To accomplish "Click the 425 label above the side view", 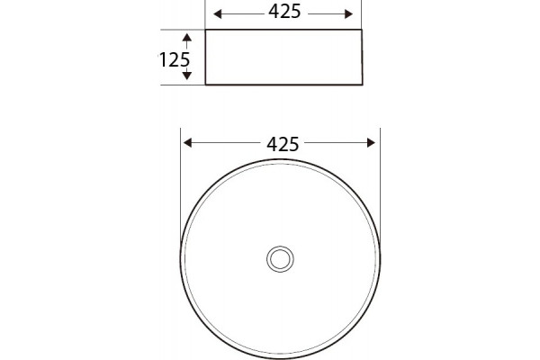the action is click(284, 12).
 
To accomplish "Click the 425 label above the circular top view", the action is click(283, 144).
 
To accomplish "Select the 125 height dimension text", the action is click(174, 59).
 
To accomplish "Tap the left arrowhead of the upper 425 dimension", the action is click(217, 14).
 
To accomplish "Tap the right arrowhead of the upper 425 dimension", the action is click(348, 14).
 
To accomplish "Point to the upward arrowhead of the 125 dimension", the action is click(186, 37).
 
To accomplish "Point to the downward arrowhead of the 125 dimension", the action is click(186, 76).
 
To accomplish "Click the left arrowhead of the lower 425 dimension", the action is click(187, 142).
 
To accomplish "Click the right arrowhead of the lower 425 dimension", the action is click(371, 142).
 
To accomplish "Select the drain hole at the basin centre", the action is click(280, 259).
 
